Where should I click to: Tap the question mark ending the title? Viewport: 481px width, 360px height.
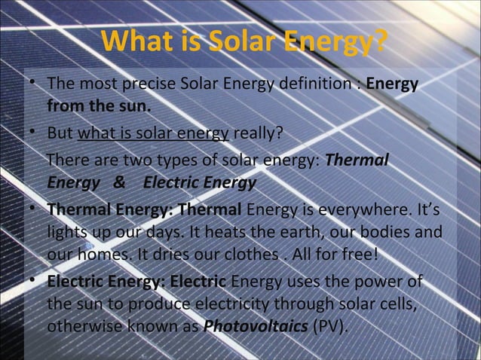(381, 43)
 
